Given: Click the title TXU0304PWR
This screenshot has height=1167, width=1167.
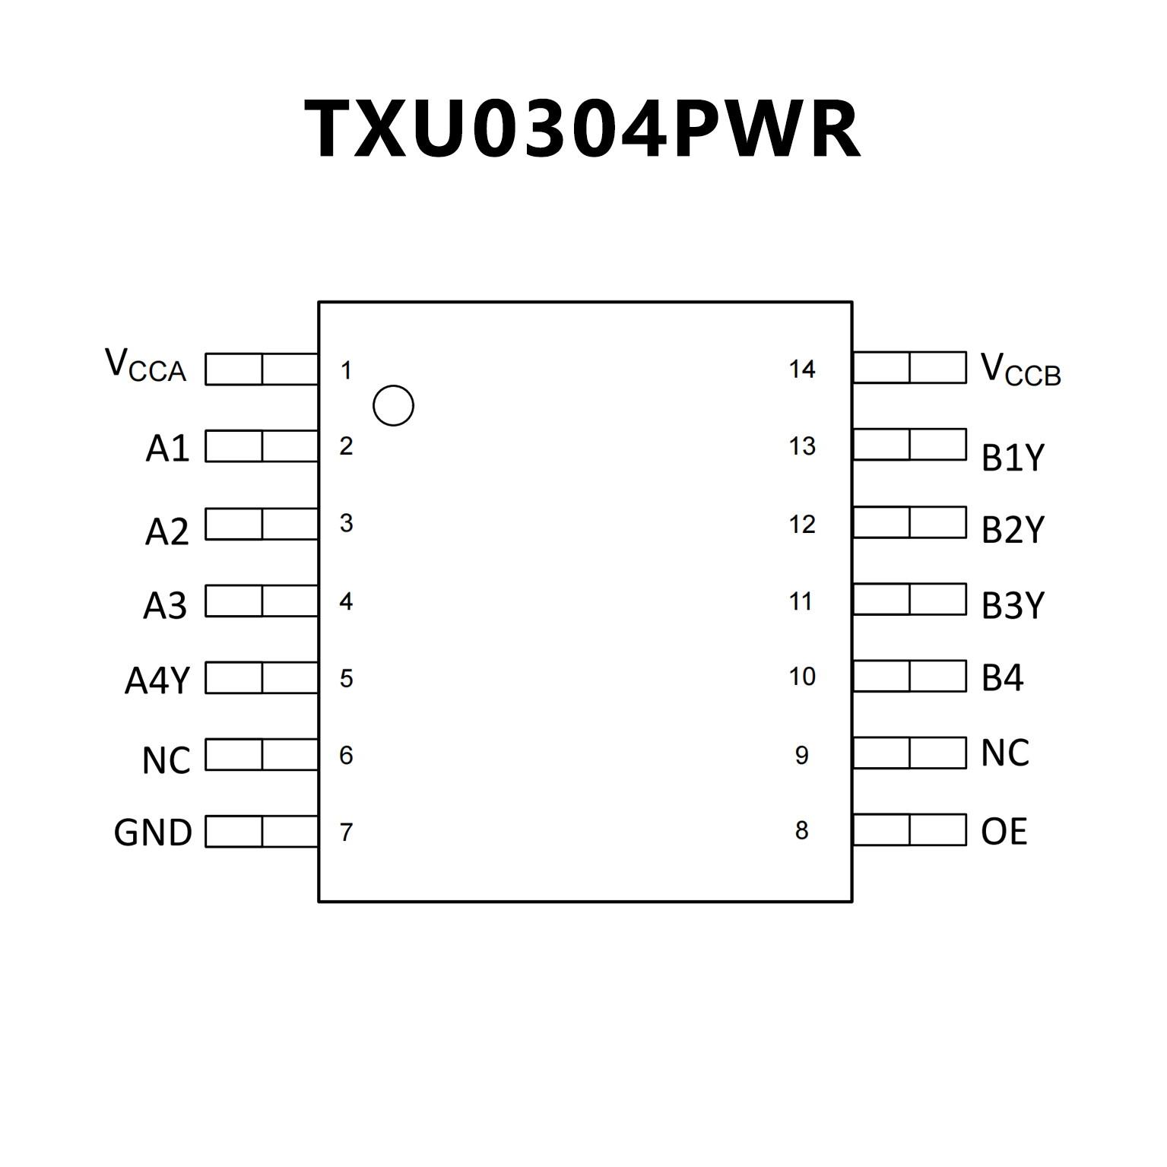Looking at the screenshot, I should (x=582, y=129).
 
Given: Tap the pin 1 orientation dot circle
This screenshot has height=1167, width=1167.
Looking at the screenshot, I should (x=393, y=406).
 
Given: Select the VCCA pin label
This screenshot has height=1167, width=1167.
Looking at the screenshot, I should (x=145, y=366).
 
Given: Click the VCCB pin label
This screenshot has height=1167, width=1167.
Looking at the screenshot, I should (x=1020, y=370).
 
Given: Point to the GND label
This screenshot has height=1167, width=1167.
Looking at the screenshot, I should (x=153, y=832).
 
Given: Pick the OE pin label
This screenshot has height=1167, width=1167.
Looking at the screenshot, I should (x=1004, y=831).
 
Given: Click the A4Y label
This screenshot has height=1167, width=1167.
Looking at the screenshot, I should (x=157, y=680).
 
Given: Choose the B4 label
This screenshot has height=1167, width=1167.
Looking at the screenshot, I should (x=1002, y=677).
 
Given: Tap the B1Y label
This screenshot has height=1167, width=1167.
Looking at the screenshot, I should (x=1013, y=458).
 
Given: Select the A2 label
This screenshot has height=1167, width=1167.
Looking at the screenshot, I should (x=166, y=531).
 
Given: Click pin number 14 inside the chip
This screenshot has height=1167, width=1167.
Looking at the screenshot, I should (x=802, y=369).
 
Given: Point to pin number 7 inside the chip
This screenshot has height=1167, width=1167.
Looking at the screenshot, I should (x=346, y=832).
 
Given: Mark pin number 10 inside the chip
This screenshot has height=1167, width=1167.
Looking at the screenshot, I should (x=802, y=677).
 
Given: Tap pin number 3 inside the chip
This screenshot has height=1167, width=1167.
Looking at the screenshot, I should (x=346, y=523).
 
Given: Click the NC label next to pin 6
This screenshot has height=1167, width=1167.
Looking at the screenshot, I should (x=166, y=760).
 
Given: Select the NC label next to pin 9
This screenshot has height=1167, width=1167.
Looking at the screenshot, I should (x=1005, y=753).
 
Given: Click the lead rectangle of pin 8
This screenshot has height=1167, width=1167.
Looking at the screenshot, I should (x=909, y=830).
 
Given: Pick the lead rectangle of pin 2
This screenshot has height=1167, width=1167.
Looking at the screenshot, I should (x=262, y=446).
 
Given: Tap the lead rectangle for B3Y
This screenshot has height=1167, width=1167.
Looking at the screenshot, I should (x=909, y=599).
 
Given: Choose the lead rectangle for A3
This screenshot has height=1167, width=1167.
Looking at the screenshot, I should (x=262, y=601).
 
